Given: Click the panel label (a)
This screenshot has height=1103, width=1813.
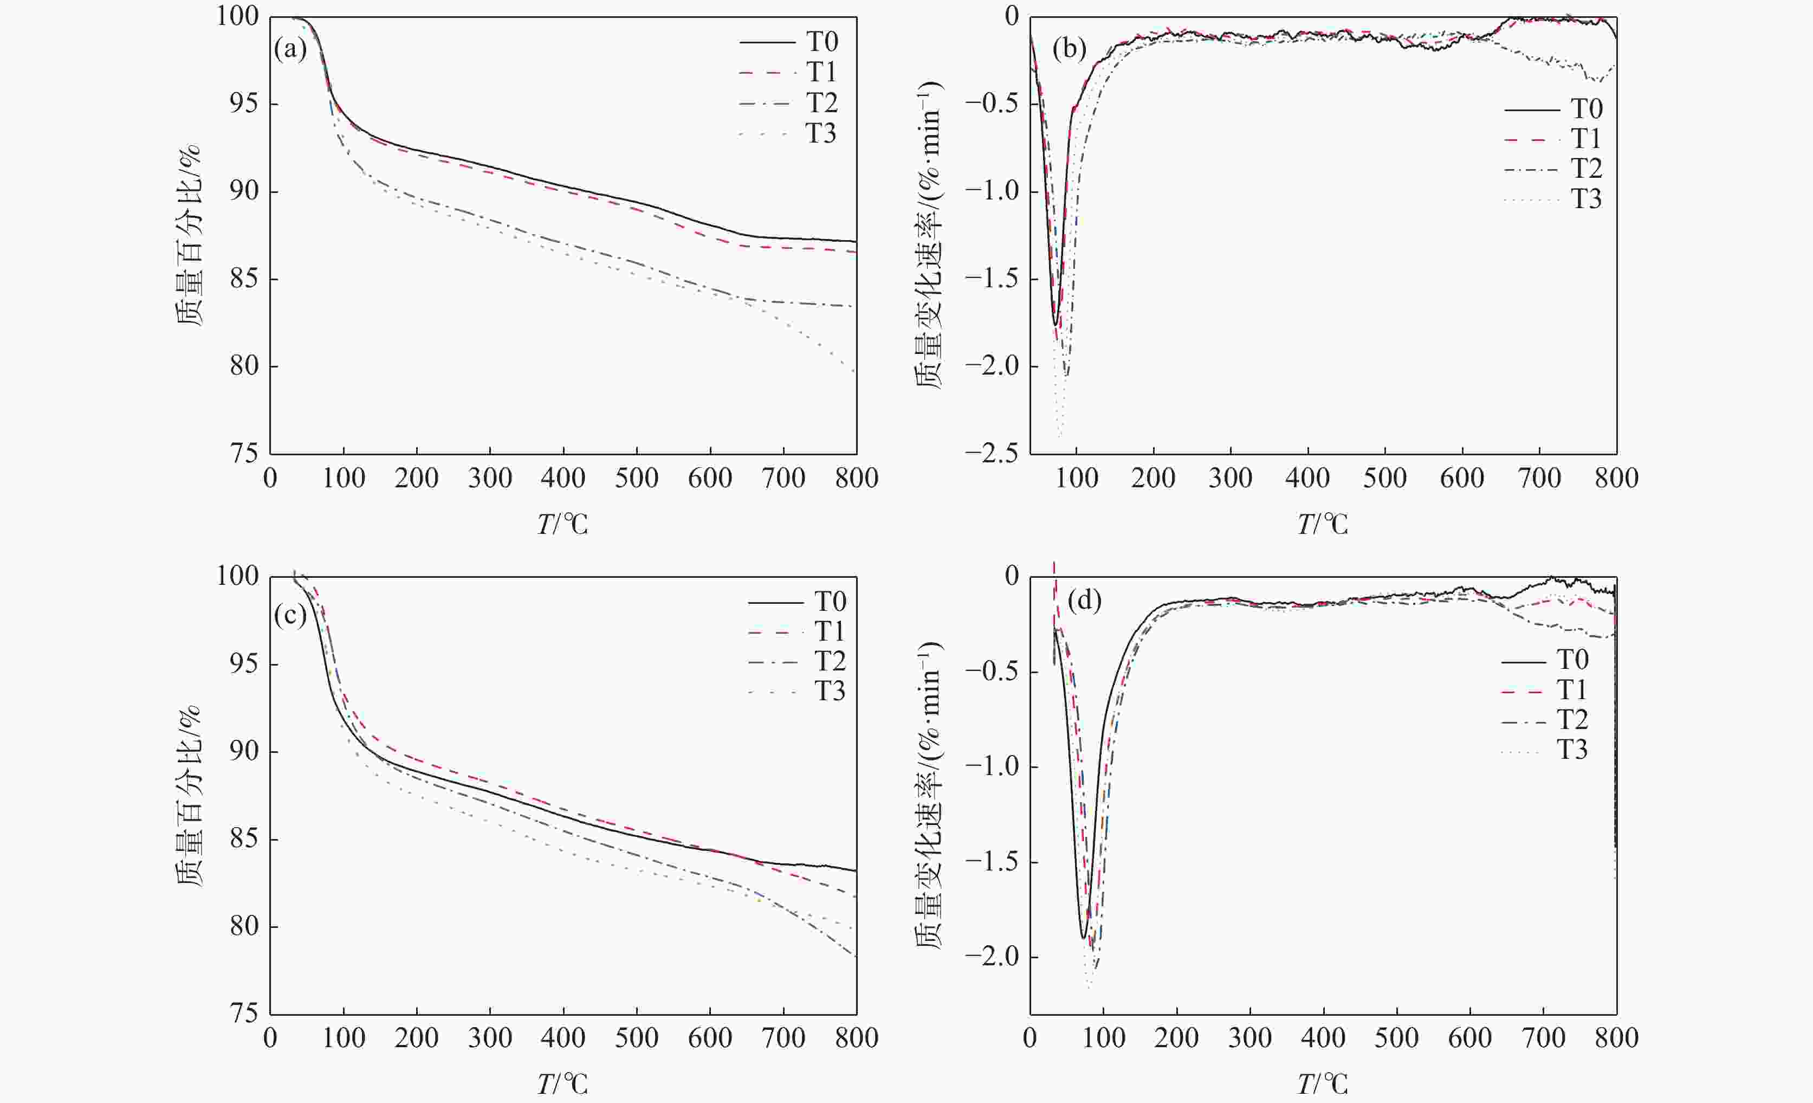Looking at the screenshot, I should tap(290, 49).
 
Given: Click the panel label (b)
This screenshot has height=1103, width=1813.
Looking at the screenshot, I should tap(1069, 49).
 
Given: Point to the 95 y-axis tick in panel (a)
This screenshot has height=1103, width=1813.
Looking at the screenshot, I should tap(243, 104).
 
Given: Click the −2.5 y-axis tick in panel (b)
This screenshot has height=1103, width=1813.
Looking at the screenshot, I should tap(993, 453).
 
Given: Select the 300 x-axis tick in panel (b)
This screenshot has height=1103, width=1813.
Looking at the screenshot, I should tap(1230, 478).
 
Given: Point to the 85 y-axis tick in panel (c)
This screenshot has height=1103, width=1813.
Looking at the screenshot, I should tap(243, 839).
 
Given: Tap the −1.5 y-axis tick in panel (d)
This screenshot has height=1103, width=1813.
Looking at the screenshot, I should tap(993, 862).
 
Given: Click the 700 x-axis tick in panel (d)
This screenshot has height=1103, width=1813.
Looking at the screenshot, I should tap(1543, 1039).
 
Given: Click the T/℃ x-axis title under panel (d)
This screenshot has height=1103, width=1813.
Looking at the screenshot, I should tap(1322, 1084).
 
